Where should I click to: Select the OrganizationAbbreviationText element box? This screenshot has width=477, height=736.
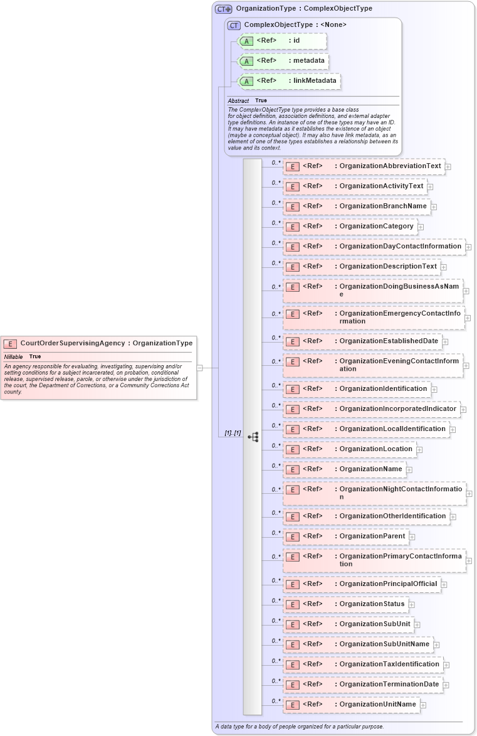coord(364,166)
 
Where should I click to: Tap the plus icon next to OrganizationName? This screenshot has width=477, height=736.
coord(409,469)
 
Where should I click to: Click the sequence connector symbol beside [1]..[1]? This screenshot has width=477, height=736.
coord(253,437)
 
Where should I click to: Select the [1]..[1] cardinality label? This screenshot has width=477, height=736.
coord(233,433)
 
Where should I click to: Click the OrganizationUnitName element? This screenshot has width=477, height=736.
coord(351,705)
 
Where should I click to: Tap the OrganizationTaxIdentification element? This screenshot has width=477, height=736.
coord(363,664)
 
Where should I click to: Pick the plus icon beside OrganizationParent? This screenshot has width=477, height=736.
coord(412,536)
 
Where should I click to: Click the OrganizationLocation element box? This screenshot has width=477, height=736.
coord(349,449)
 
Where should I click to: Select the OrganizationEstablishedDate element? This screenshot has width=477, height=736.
coord(362,341)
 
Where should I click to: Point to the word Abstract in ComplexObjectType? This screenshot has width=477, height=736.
coord(238,100)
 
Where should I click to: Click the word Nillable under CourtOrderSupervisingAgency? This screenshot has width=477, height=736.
coord(13,356)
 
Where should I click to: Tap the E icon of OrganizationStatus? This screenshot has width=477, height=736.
coord(291,605)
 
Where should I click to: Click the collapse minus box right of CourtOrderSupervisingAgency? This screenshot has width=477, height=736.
coord(200,368)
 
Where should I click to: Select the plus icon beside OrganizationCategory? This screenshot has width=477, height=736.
coord(421,227)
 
